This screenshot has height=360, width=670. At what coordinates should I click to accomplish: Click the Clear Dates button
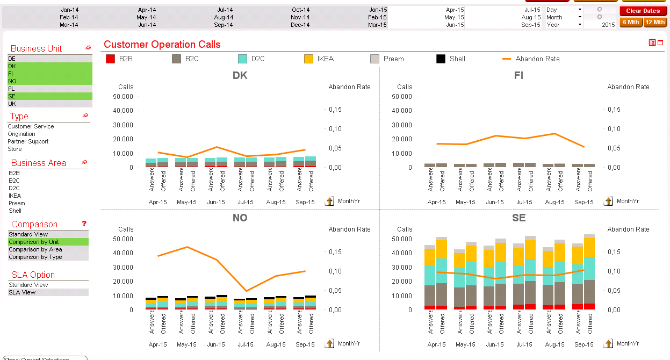pyautogui.click(x=643, y=11)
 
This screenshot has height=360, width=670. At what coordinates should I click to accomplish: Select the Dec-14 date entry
pyautogui.click(x=300, y=25)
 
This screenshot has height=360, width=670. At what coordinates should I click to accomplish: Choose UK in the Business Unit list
pyautogui.click(x=12, y=104)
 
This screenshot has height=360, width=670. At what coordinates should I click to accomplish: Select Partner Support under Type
pyautogui.click(x=28, y=141)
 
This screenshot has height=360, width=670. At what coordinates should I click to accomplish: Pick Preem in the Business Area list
pyautogui.click(x=17, y=203)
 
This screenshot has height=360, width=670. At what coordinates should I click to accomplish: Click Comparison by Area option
pyautogui.click(x=35, y=249)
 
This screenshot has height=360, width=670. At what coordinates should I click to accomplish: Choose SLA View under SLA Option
pyautogui.click(x=22, y=292)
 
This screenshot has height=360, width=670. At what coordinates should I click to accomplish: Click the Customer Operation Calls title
pyautogui.click(x=162, y=45)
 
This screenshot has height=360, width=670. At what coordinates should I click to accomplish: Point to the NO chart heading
pyautogui.click(x=240, y=218)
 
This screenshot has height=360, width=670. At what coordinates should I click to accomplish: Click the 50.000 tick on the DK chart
pyautogui.click(x=124, y=96)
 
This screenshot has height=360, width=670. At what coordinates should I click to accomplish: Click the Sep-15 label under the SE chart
pyautogui.click(x=583, y=344)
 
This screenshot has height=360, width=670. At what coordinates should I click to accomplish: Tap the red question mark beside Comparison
pyautogui.click(x=84, y=224)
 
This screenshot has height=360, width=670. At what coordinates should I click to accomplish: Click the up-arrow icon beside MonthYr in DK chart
pyautogui.click(x=330, y=201)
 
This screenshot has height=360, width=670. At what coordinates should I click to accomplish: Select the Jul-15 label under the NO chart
pyautogui.click(x=246, y=344)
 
